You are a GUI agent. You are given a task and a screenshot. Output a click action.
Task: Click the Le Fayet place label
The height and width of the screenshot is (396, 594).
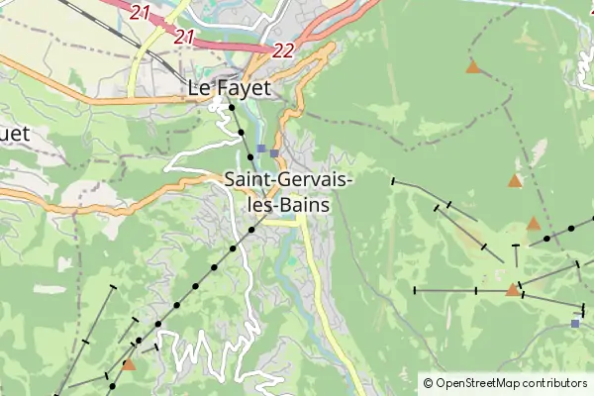click(229, 88)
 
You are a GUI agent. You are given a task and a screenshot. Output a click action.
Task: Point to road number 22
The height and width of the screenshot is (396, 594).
click(283, 49)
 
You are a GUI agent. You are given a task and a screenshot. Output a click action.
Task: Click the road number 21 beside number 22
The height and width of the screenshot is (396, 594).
click(183, 37)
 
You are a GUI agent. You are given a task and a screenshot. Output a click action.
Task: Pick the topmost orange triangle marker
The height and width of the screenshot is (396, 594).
click(473, 67)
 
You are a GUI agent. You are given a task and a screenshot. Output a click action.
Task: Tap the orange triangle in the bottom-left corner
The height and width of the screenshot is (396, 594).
click(129, 364)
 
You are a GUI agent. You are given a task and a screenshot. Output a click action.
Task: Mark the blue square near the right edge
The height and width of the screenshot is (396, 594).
click(575, 323)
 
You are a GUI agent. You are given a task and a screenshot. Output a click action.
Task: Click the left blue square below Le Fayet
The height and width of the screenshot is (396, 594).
click(261, 148)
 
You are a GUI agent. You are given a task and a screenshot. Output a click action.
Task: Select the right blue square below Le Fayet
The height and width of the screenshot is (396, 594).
click(274, 152)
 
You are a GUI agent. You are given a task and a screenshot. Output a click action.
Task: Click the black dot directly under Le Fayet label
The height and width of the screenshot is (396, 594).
click(231, 107)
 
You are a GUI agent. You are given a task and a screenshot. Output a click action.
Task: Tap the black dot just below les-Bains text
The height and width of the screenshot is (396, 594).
click(251, 230)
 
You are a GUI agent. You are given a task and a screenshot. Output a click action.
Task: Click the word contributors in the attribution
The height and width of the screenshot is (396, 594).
click(555, 383)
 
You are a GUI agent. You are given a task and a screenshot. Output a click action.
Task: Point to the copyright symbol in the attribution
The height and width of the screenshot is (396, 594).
click(428, 383)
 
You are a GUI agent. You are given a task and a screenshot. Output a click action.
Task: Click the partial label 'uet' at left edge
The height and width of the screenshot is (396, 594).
click(14, 133)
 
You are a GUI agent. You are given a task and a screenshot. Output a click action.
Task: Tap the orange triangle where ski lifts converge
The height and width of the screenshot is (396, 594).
click(513, 289)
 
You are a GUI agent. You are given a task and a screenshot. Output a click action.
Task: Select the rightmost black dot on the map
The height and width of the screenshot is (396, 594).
click(571, 229)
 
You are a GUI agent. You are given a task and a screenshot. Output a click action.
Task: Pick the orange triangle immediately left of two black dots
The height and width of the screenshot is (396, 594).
click(534, 224)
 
